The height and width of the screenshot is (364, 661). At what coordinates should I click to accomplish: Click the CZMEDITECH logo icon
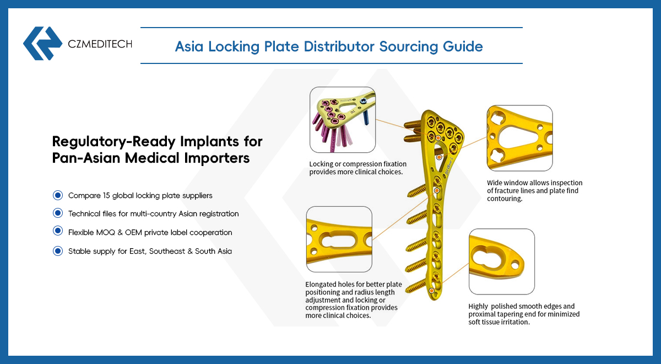pos(42,43)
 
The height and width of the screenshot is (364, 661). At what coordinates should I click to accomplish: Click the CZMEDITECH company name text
pos(100,44)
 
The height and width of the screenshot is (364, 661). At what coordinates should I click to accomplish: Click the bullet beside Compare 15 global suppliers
pos(58,195)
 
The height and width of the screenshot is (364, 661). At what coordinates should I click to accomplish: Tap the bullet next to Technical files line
pos(58,213)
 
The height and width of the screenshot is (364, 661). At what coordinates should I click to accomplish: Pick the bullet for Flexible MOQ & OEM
pos(58,231)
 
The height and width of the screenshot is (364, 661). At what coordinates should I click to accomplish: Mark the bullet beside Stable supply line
pos(58,251)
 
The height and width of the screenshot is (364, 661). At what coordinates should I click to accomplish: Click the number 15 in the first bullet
pos(106,195)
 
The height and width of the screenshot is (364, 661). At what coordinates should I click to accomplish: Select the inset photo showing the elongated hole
pos(339,239)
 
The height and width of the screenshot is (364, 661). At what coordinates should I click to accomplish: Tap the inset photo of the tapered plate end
pos(502,261)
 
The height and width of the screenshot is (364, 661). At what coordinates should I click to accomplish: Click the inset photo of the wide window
pos(519,138)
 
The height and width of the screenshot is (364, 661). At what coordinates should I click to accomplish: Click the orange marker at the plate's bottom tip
pos(431,291)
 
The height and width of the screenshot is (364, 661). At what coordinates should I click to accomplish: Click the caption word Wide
pos(495,183)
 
